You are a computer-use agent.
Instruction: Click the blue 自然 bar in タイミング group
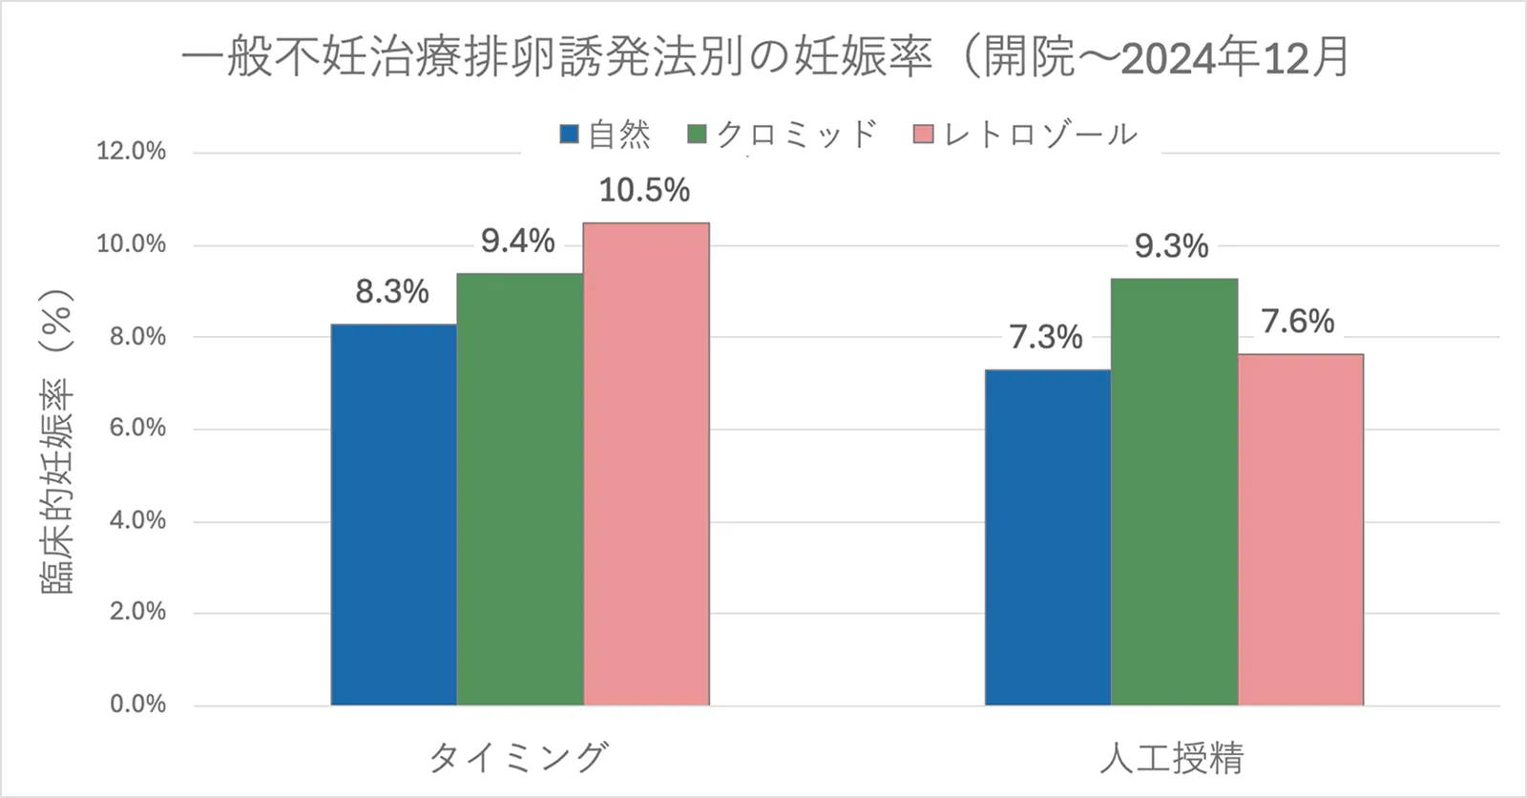point(393,515)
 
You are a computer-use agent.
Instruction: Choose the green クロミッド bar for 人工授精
point(1174,493)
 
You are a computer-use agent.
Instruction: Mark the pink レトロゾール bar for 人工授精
point(1300,530)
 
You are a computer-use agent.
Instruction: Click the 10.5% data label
point(644,191)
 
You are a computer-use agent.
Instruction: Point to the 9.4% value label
point(517,241)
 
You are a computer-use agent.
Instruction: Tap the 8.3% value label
point(392,292)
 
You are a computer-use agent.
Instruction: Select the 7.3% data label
point(1046,337)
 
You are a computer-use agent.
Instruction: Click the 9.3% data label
point(1171,247)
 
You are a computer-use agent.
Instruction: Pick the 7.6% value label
point(1297,322)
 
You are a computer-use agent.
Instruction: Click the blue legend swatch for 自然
point(570,135)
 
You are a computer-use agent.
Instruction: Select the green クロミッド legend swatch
point(698,135)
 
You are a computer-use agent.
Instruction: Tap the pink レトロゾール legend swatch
point(923,135)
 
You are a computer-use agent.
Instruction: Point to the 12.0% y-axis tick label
point(132,151)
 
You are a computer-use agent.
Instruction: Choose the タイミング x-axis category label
point(518,758)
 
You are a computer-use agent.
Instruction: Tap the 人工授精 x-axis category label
point(1172,758)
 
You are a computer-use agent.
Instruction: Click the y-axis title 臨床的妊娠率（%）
point(57,442)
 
